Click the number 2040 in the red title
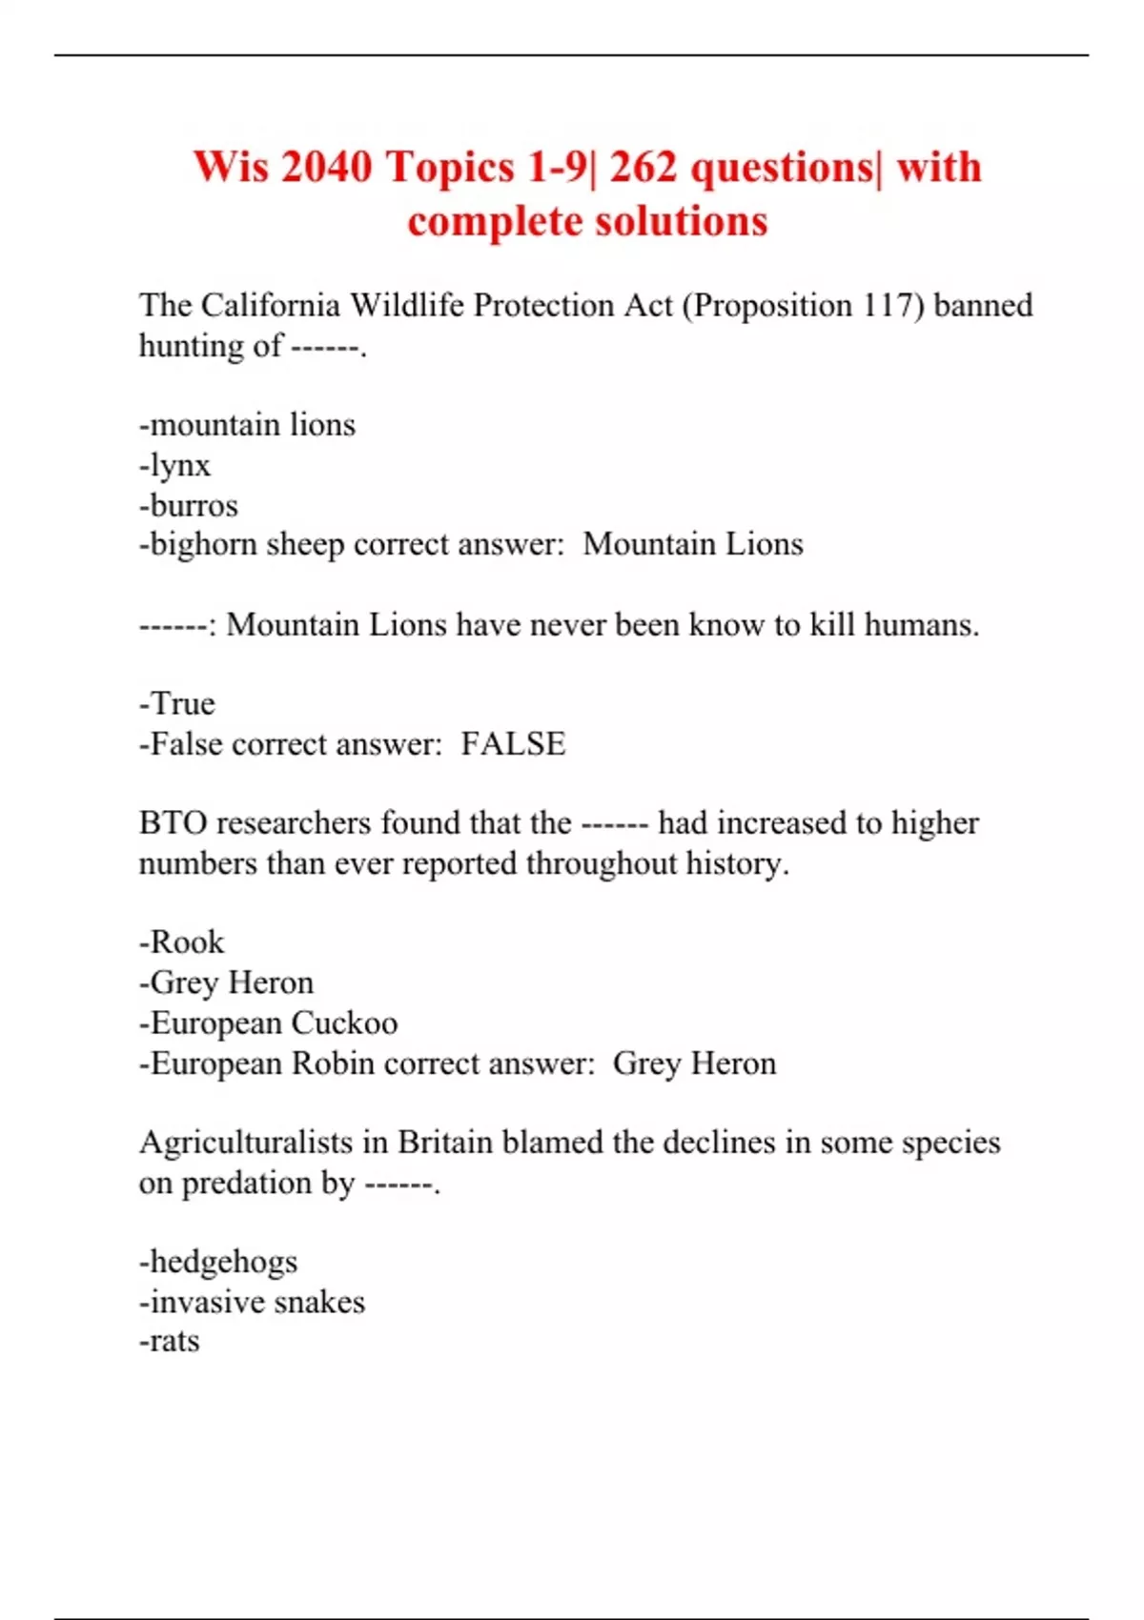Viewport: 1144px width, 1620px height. (x=326, y=168)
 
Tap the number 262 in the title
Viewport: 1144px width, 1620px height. (x=643, y=168)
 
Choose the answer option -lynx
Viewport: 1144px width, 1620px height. (x=175, y=466)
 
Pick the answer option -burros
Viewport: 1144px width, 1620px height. (x=189, y=506)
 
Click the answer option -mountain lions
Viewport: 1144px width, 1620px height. (x=248, y=425)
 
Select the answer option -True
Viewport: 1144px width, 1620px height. (x=177, y=704)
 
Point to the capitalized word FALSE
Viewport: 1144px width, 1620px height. (x=513, y=744)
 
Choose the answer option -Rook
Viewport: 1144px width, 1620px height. (x=182, y=942)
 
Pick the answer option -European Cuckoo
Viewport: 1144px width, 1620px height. (x=269, y=1023)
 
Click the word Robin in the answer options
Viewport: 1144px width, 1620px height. (x=333, y=1063)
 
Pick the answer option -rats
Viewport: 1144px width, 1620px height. (x=170, y=1342)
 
